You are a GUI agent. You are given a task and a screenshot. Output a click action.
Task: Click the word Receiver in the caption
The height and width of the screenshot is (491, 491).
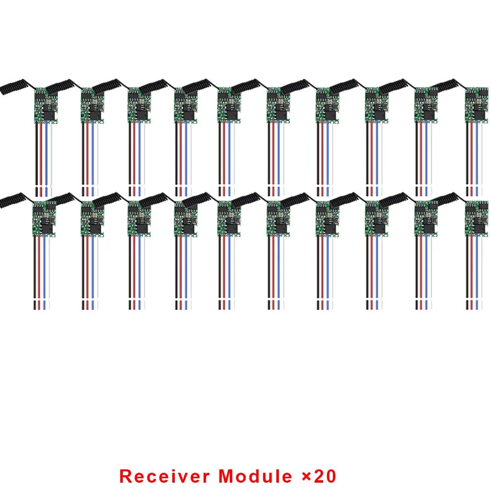pyautogui.click(x=164, y=476)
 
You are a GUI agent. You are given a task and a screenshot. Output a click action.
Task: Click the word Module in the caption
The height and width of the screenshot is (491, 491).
pyautogui.click(x=255, y=476)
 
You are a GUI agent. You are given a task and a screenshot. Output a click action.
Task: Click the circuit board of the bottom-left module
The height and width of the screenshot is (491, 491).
pyautogui.click(x=44, y=218)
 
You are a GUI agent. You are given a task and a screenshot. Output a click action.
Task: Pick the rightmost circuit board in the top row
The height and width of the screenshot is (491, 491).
pyautogui.click(x=477, y=105)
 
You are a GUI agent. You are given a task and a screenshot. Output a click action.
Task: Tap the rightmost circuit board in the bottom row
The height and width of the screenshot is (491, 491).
pyautogui.click(x=477, y=218)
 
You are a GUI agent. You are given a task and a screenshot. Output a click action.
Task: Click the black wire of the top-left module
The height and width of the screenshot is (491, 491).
pyautogui.click(x=37, y=159)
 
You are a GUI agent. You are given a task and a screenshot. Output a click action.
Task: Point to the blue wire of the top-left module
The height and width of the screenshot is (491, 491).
pyautogui.click(x=46, y=159)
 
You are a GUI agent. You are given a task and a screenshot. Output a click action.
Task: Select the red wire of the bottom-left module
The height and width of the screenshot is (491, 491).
pyautogui.click(x=39, y=273)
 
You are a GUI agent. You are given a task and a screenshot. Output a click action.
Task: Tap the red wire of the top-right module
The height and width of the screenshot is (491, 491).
pyautogui.click(x=471, y=159)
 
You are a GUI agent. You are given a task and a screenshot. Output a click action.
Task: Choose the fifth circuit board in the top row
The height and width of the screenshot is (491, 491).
pyautogui.click(x=229, y=105)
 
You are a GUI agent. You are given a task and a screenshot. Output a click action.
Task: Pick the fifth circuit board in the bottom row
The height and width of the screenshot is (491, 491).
pyautogui.click(x=229, y=218)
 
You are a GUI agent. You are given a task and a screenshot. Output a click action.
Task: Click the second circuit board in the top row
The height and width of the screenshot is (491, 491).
pyautogui.click(x=93, y=105)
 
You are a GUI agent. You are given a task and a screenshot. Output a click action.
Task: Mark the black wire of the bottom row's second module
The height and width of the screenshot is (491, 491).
pyautogui.click(x=83, y=273)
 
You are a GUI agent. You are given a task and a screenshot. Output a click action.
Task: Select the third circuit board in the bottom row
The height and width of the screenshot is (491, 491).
pyautogui.click(x=139, y=218)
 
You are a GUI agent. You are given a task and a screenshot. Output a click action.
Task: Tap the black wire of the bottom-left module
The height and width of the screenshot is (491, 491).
pyautogui.click(x=35, y=273)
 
